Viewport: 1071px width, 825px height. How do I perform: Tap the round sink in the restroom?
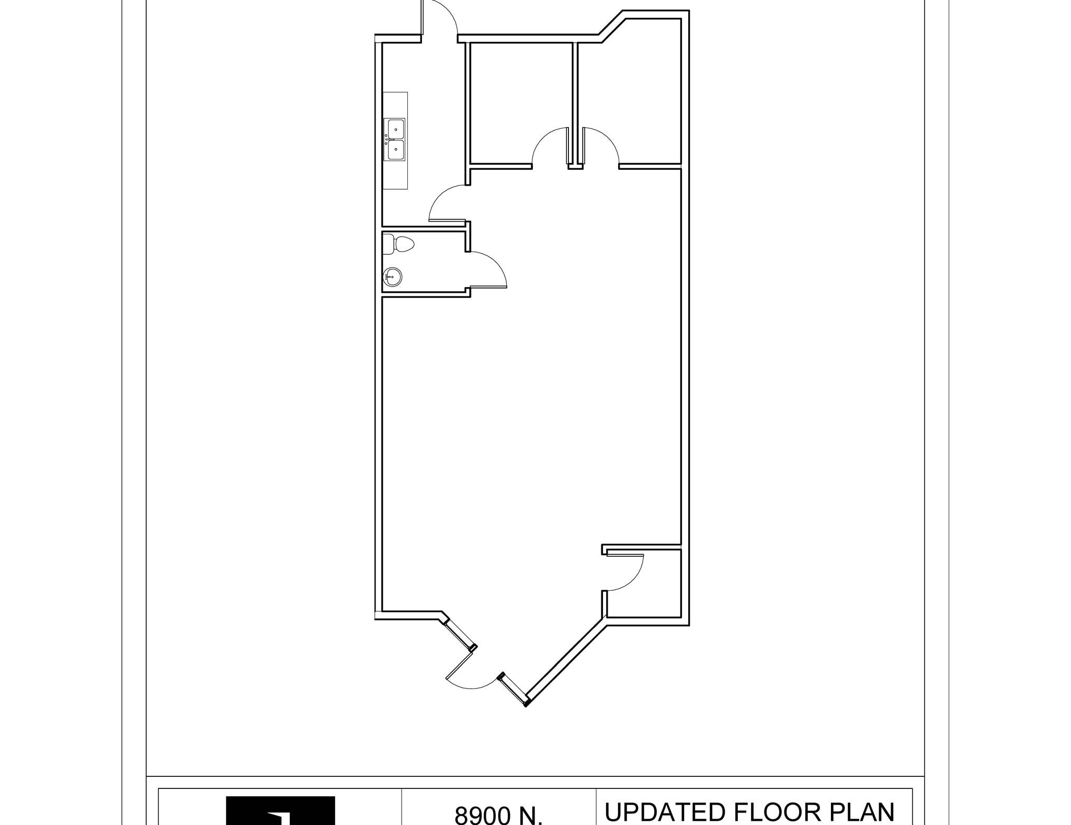click(392, 277)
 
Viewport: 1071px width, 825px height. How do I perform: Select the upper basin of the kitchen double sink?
click(395, 129)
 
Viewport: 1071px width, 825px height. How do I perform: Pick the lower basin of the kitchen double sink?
click(395, 150)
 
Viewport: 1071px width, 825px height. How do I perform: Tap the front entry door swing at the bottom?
click(468, 674)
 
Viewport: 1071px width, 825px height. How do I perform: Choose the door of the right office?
click(601, 146)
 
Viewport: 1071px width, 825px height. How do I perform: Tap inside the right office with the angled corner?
click(630, 94)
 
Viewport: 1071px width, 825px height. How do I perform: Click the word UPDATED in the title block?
click(665, 812)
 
